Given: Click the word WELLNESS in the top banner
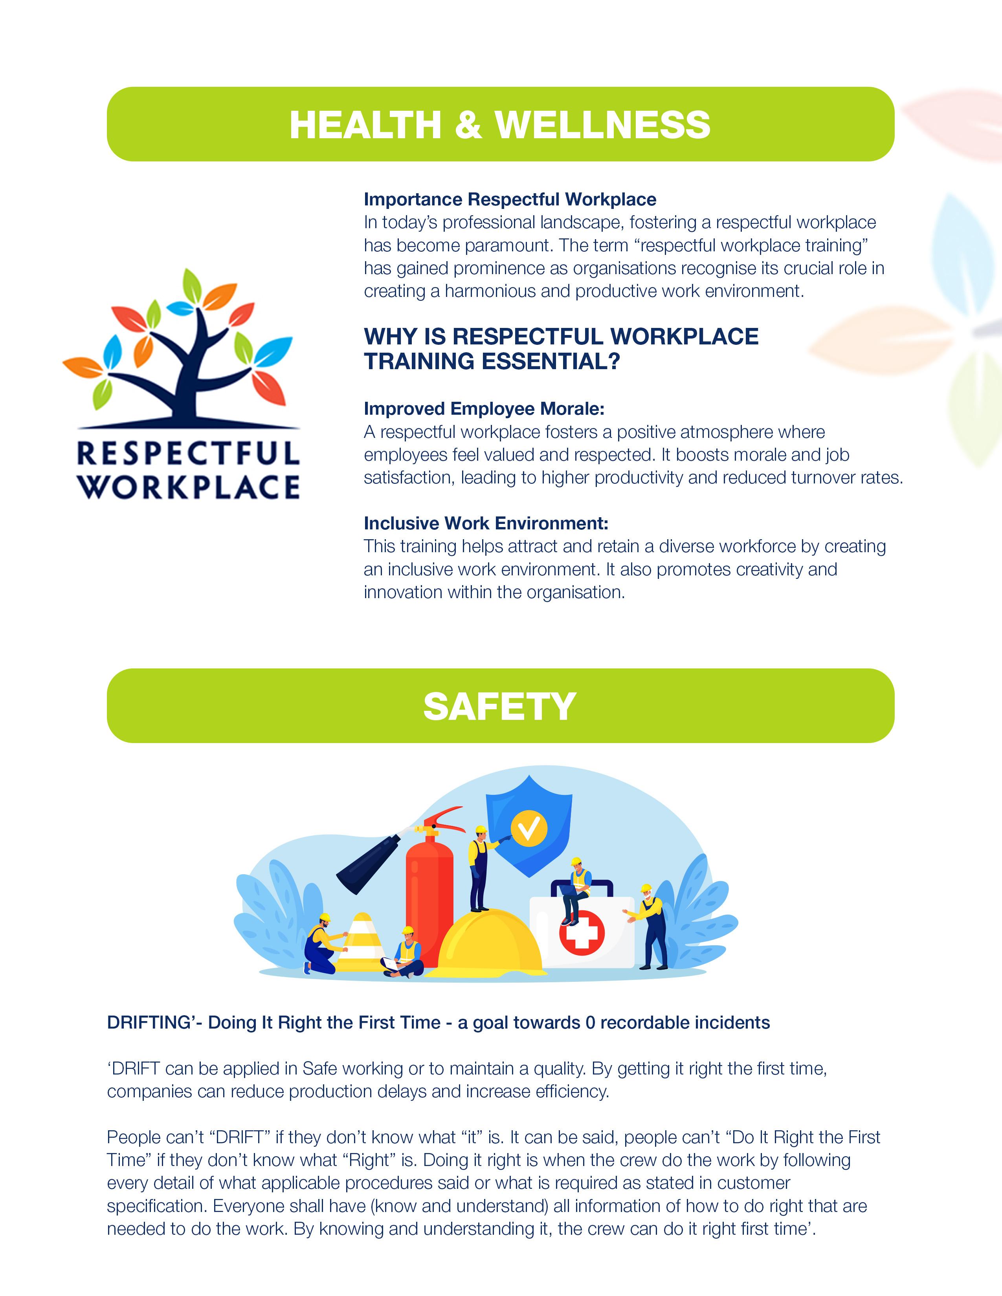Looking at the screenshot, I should (602, 125).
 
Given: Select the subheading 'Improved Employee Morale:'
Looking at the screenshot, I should (484, 409).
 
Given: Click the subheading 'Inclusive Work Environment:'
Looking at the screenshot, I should (486, 524).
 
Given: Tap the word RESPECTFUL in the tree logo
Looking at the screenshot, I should (188, 455).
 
